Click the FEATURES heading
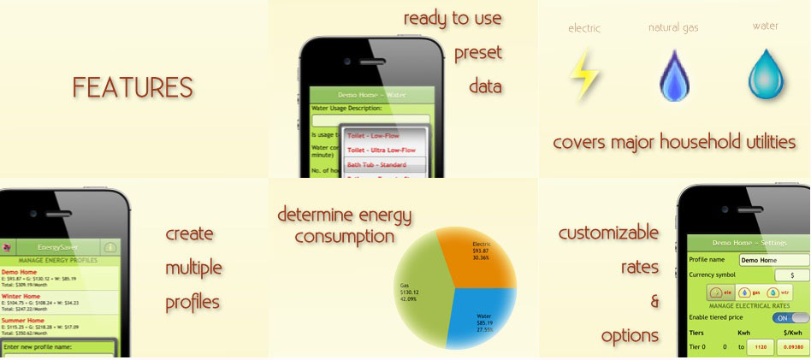[133, 87]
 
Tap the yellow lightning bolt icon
[585, 75]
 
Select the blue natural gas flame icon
[673, 77]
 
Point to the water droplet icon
[766, 74]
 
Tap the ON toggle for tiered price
[789, 317]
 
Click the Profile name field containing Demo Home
[773, 260]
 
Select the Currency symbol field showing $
[791, 275]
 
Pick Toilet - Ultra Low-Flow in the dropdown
[382, 150]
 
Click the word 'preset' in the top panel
[477, 52]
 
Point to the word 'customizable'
[608, 233]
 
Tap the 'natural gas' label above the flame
[673, 27]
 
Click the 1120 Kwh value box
[758, 347]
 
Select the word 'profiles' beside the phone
[192, 302]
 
